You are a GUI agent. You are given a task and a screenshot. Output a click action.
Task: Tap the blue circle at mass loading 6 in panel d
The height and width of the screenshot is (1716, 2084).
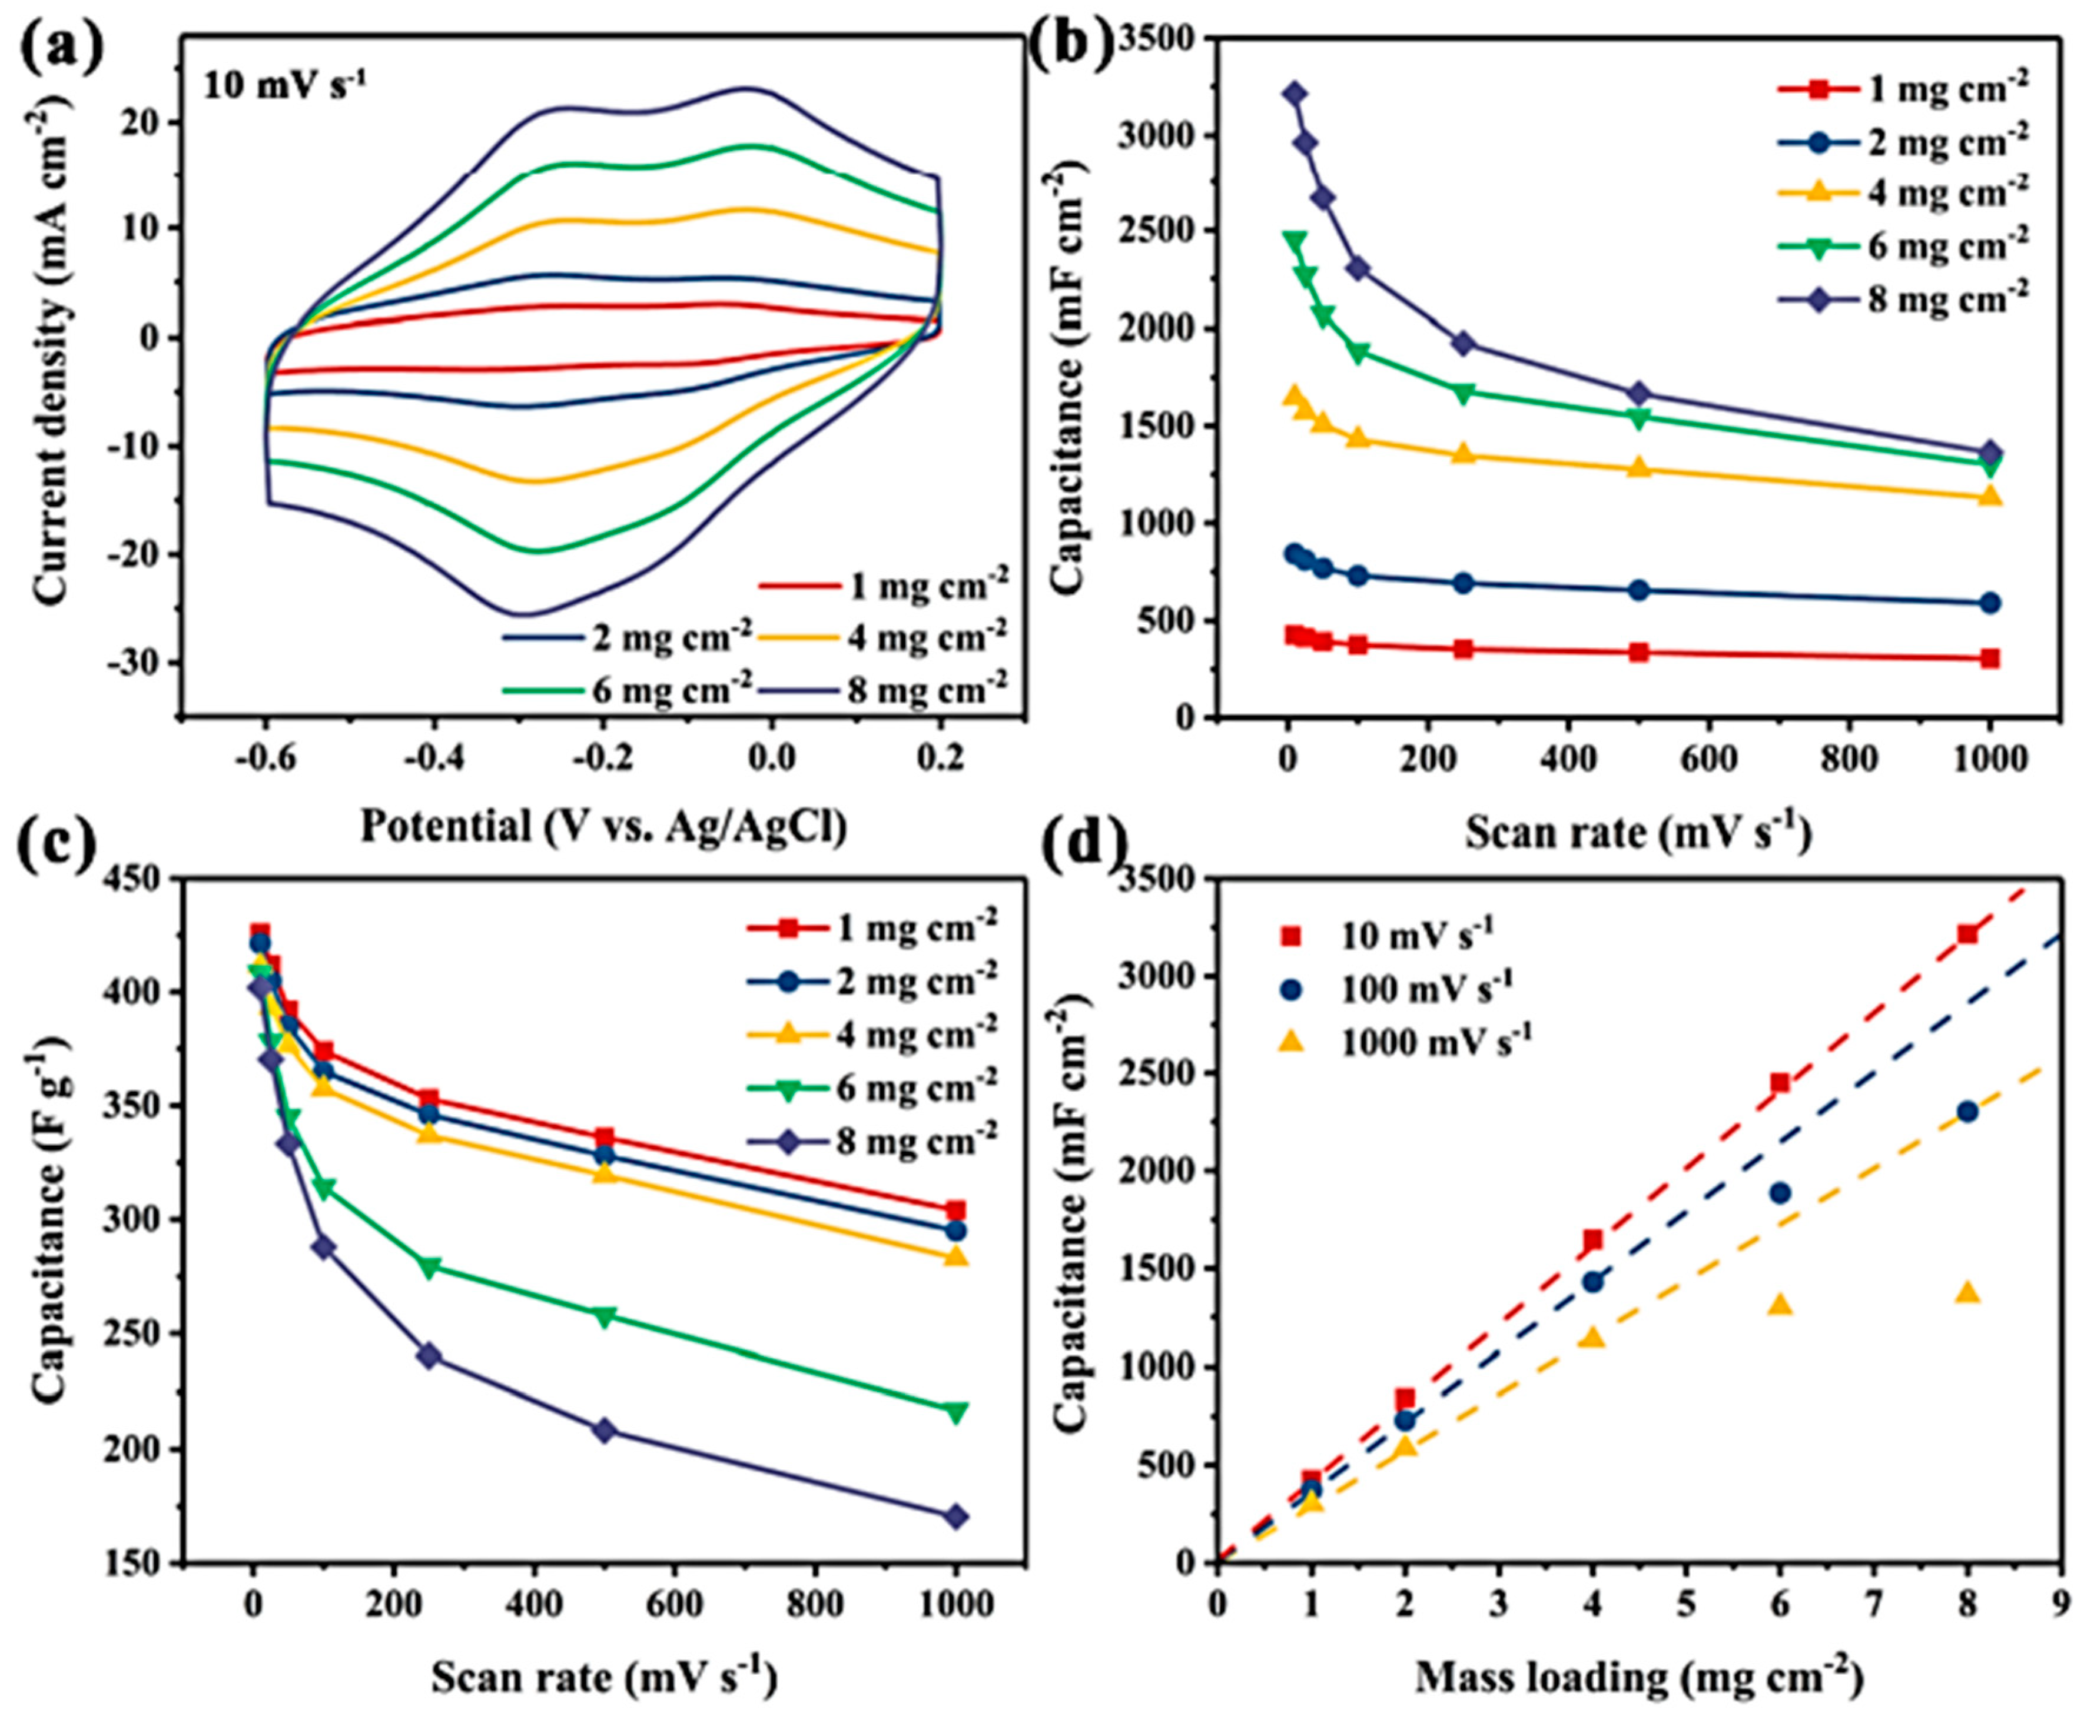tap(1780, 1192)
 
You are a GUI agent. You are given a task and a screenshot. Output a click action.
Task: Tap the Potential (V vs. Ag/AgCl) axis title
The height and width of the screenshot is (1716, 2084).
tap(603, 826)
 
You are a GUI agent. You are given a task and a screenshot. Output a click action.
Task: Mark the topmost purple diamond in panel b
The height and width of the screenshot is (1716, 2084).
tap(1294, 93)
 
